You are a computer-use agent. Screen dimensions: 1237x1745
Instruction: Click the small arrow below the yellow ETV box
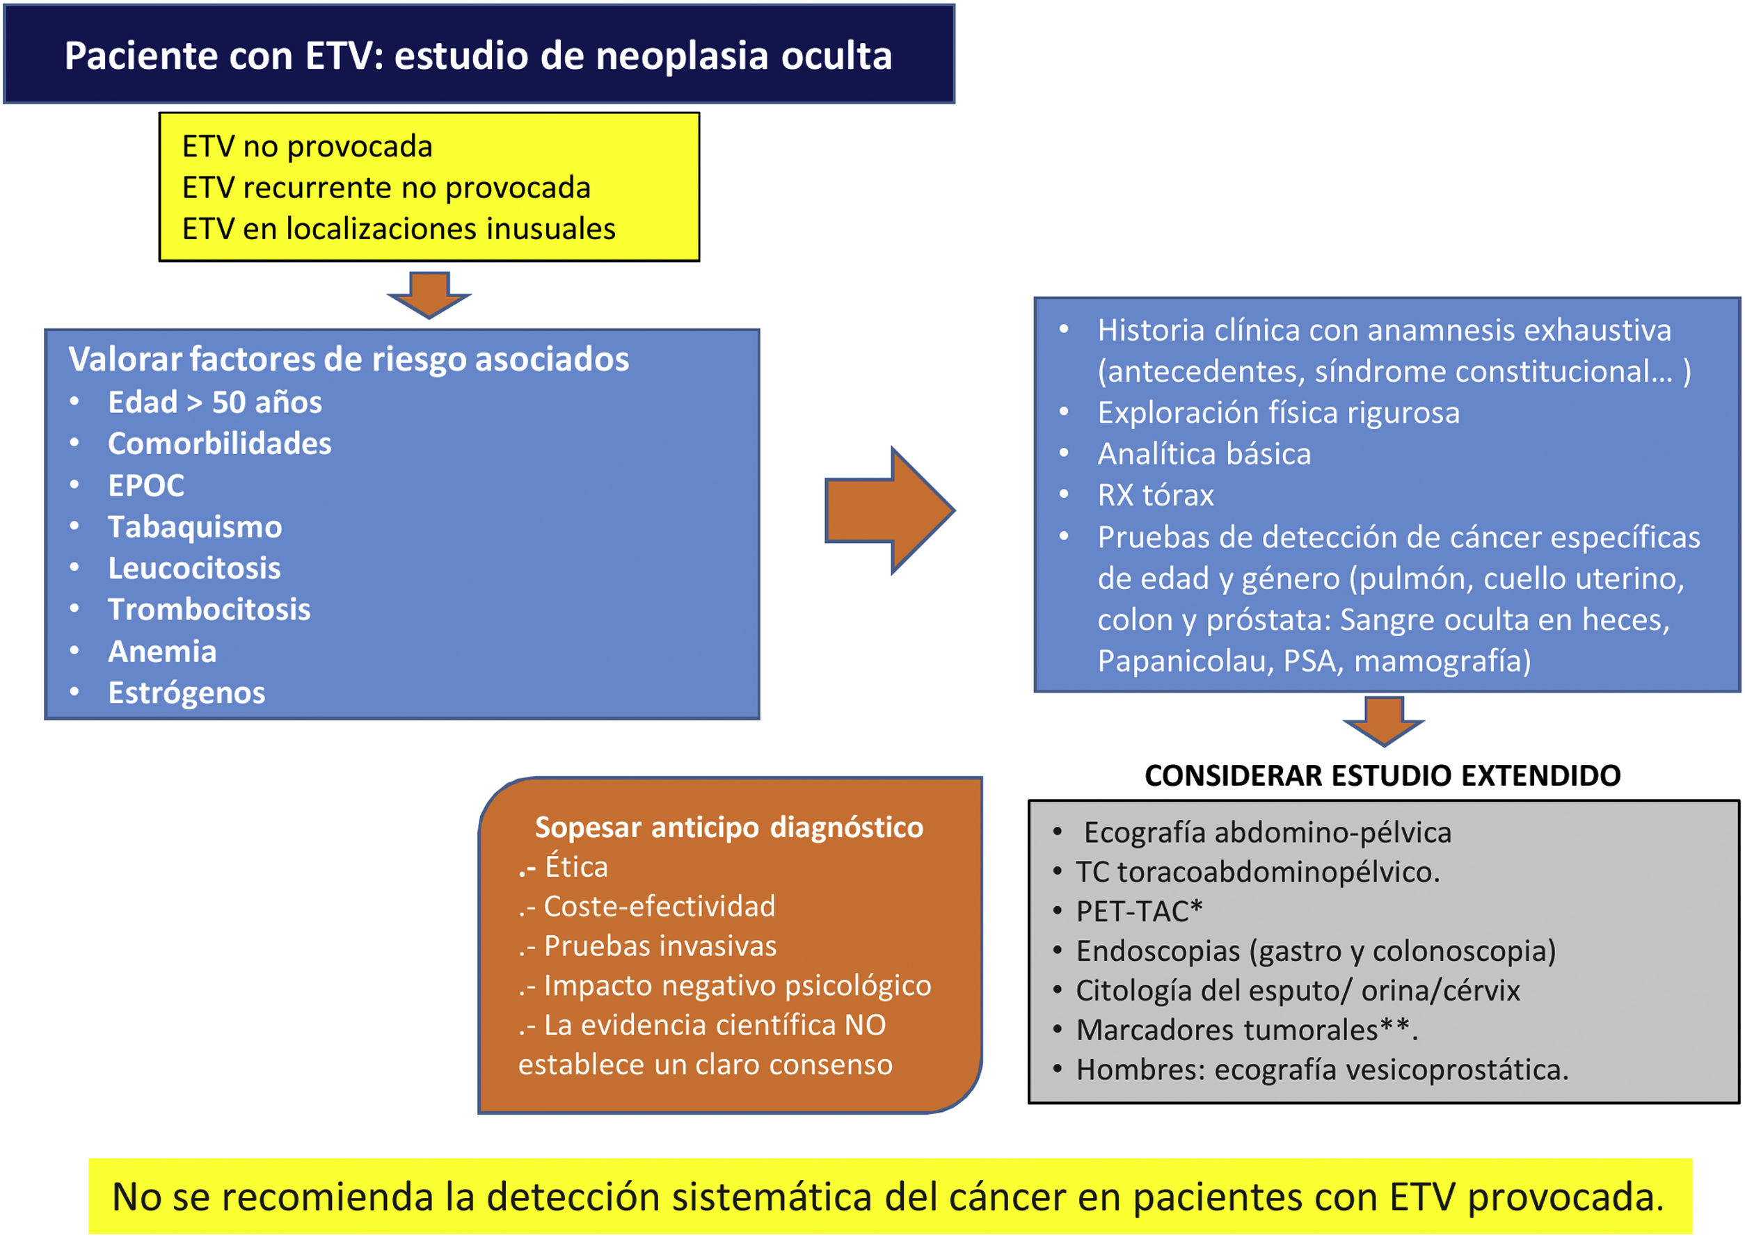click(x=429, y=295)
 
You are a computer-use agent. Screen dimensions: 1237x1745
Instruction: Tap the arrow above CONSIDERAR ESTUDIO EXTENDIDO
click(x=1383, y=720)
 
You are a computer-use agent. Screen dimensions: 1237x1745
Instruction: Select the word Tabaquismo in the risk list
click(x=195, y=527)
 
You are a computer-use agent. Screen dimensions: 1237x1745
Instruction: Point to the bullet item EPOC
click(x=146, y=485)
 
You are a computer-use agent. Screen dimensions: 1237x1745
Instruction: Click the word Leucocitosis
click(x=194, y=568)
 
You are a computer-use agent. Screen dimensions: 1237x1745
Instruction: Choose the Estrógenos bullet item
click(x=186, y=693)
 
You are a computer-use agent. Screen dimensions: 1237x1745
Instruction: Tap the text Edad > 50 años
click(x=215, y=402)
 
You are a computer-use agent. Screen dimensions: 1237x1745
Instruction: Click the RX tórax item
click(x=1155, y=495)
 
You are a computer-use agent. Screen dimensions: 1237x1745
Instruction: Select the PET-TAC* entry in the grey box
click(x=1138, y=911)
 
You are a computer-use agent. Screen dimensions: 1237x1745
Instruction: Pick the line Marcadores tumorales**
click(x=1247, y=1030)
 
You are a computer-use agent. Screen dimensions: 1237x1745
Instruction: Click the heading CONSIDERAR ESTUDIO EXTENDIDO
click(x=1383, y=775)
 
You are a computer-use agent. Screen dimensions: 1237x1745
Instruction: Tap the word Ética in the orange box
click(x=576, y=867)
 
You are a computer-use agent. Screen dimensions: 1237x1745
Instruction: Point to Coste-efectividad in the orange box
click(x=659, y=907)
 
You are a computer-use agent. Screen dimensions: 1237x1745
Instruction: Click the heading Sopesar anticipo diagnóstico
click(x=728, y=827)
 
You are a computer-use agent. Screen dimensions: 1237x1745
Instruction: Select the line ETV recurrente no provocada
click(x=386, y=187)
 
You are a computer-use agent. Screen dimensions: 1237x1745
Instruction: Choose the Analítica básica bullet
click(x=1204, y=454)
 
